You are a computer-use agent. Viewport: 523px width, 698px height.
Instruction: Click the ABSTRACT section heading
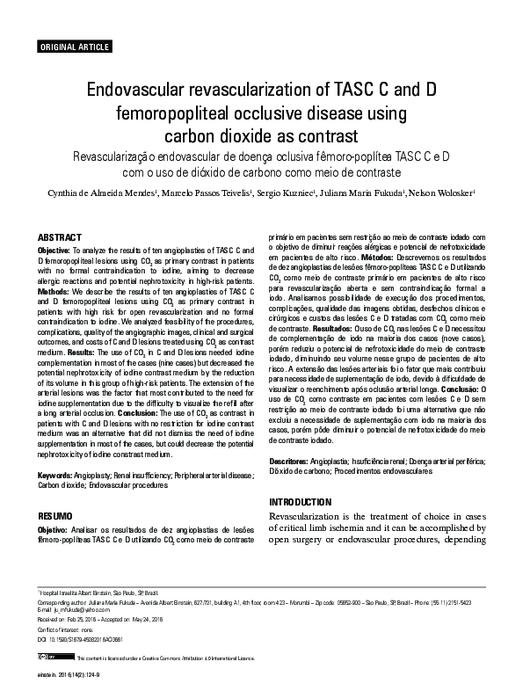61,237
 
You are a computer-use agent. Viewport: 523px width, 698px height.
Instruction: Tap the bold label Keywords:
54,475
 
